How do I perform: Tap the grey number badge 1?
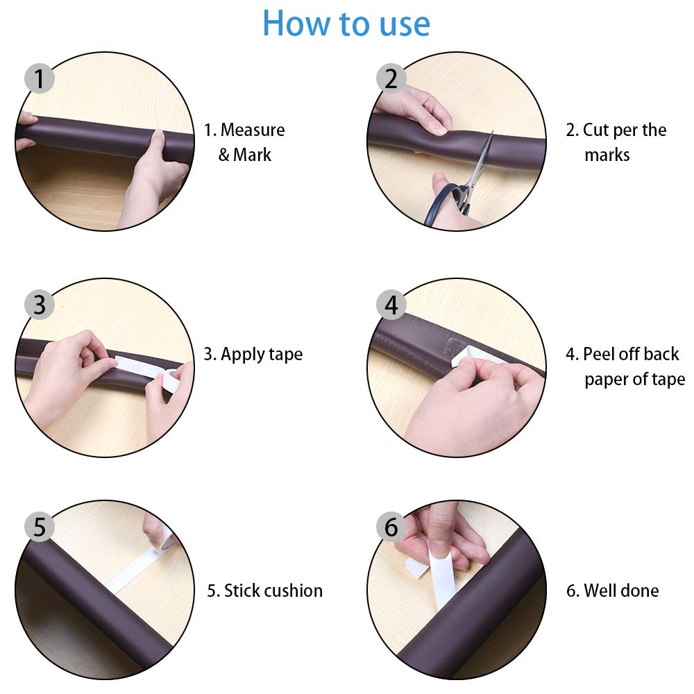(40, 78)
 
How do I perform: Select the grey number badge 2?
(391, 78)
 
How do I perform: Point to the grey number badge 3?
(40, 305)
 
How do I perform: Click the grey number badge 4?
(391, 305)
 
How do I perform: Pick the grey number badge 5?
(40, 527)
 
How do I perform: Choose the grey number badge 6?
(391, 527)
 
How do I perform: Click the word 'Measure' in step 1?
(253, 130)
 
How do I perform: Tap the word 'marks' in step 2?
(607, 155)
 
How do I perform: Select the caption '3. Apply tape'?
(253, 355)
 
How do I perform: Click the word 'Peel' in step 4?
(598, 354)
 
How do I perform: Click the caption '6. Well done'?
(613, 591)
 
